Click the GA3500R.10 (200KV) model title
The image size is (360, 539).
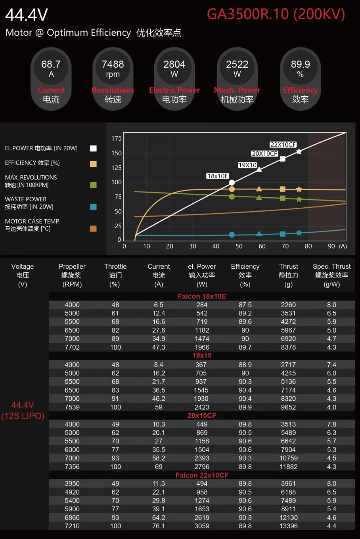(x=276, y=14)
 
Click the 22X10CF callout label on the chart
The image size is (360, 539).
(x=283, y=145)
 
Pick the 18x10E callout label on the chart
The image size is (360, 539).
(x=218, y=176)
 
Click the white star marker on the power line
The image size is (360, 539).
(x=299, y=151)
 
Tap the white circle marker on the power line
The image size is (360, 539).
(x=232, y=183)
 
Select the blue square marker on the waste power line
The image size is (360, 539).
(x=283, y=234)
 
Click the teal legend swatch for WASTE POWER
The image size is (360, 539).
(x=93, y=206)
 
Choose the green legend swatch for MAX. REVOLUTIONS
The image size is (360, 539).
(x=93, y=185)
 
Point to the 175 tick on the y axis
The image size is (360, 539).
(x=117, y=138)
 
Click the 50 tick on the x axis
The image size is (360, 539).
(x=239, y=246)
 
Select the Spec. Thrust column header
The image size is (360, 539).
(x=331, y=275)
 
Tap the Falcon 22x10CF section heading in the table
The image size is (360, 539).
(x=202, y=475)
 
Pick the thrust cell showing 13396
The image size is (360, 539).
(x=288, y=526)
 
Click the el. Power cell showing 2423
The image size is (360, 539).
(x=202, y=407)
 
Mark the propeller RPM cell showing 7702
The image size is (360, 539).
(x=72, y=347)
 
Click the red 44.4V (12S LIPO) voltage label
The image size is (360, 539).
(x=23, y=410)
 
